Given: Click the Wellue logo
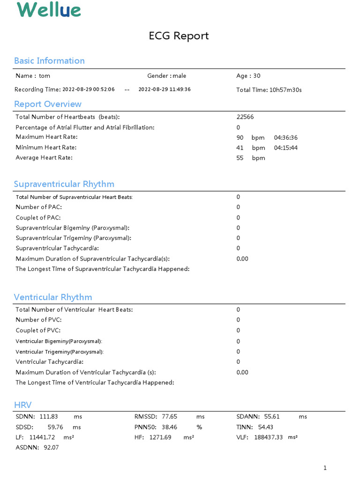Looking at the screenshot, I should point(49,9).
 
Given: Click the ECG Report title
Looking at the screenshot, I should point(179,36).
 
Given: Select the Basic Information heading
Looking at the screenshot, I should point(49,60).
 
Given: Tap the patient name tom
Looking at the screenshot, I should point(45,76).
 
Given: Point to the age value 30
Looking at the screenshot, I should point(257,76).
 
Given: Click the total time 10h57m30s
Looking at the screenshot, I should point(285,90).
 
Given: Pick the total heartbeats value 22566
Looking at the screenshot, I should point(245,117).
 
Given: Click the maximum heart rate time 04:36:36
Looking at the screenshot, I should point(286,138).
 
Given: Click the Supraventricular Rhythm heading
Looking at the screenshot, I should point(64,184).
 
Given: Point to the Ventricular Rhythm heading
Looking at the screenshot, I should point(53,297).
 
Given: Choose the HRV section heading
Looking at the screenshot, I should point(23,405).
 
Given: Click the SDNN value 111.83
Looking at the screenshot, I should point(49,417).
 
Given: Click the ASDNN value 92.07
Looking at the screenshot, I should point(52,448).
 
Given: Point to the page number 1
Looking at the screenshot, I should point(325,468).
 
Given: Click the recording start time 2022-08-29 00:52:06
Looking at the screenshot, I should point(89,90).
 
